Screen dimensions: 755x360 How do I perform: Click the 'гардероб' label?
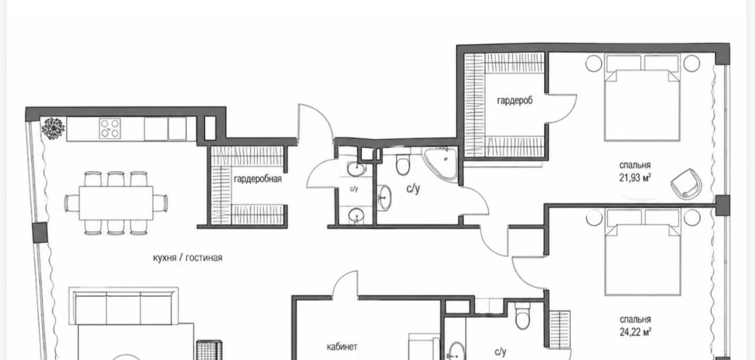(515, 101)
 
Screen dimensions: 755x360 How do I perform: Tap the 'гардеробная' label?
(258, 179)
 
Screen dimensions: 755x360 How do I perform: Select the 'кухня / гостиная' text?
(188, 258)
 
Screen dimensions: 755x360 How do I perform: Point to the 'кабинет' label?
(342, 347)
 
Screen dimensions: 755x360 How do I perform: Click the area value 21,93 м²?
(635, 178)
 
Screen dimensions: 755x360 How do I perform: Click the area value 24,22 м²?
(635, 332)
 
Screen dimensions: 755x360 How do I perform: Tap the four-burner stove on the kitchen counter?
(110, 129)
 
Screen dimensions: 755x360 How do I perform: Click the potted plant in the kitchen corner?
(53, 128)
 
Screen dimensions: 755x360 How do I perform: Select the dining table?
(116, 203)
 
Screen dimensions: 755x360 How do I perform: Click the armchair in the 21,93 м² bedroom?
(687, 184)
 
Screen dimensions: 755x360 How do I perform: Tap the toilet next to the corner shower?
(402, 163)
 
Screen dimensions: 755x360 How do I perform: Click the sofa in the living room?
(123, 306)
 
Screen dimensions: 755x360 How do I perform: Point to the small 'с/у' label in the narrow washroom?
(354, 189)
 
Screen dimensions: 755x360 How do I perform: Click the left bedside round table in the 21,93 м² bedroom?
(593, 63)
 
